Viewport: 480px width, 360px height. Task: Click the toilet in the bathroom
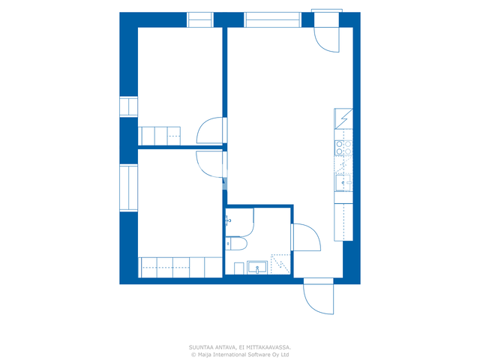[236, 243]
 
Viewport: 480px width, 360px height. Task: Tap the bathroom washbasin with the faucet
[257, 268]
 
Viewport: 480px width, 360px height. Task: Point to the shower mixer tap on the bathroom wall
[228, 220]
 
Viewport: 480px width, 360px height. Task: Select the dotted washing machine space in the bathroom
[280, 264]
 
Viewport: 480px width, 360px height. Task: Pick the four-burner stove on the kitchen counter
[343, 148]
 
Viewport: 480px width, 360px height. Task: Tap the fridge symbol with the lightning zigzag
[343, 118]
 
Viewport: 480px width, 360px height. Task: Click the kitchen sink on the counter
[343, 183]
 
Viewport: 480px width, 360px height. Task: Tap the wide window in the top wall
[272, 20]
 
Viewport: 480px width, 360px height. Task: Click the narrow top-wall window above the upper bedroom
[200, 20]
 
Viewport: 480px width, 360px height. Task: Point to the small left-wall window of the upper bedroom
[128, 106]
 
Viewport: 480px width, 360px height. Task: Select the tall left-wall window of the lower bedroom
[128, 188]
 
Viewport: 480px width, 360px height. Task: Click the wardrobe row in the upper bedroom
[159, 136]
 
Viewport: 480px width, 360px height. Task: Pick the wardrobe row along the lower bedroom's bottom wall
[180, 268]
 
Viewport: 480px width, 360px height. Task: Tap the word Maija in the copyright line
[205, 355]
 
